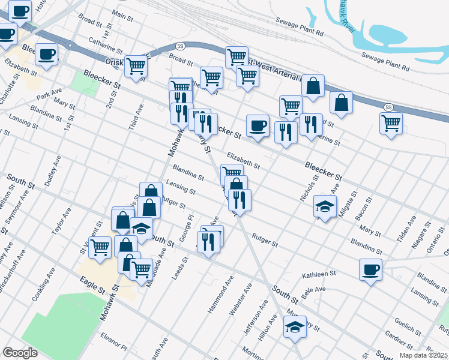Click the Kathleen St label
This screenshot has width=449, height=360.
point(319,274)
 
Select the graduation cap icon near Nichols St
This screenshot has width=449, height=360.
point(325,208)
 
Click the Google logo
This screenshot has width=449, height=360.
point(20,353)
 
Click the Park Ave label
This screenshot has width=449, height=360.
point(49,95)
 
